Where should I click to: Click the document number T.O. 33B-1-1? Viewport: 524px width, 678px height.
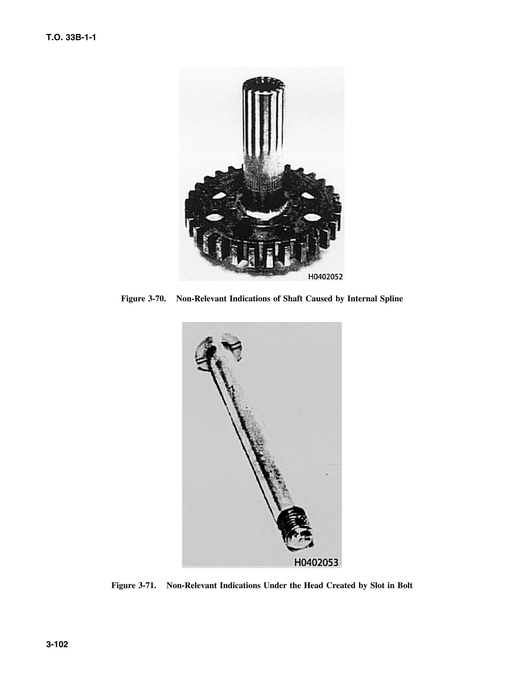tap(71, 38)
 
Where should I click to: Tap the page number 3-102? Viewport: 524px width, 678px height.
tap(57, 644)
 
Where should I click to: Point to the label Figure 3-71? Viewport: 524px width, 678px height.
tap(134, 585)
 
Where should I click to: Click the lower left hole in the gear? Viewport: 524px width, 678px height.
tap(212, 217)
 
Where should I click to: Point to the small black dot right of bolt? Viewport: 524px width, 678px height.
tap(327, 474)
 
